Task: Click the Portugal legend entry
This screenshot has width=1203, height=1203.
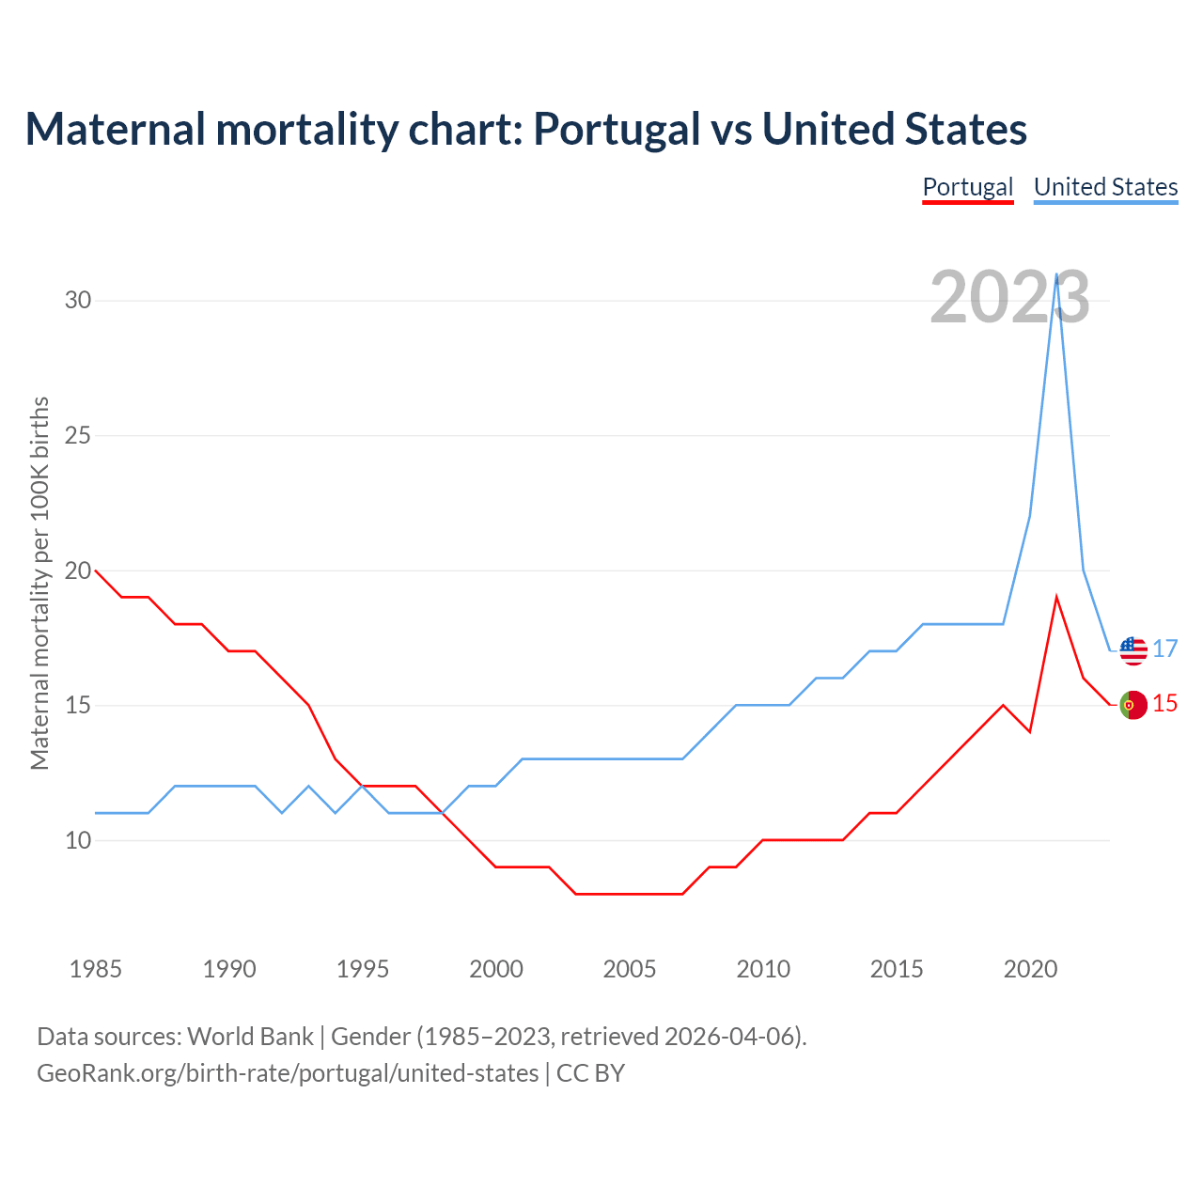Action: pyautogui.click(x=967, y=187)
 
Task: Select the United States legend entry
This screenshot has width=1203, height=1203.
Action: pyautogui.click(x=1105, y=187)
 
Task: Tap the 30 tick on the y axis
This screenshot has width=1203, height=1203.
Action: pyautogui.click(x=78, y=301)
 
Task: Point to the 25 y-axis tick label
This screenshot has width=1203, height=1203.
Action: pyautogui.click(x=78, y=436)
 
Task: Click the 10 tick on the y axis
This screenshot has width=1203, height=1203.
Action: pyautogui.click(x=78, y=840)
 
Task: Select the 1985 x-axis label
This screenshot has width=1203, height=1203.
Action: pyautogui.click(x=95, y=969)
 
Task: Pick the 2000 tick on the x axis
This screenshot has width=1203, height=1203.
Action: pyautogui.click(x=496, y=969)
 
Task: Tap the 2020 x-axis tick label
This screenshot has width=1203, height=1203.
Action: pyautogui.click(x=1030, y=969)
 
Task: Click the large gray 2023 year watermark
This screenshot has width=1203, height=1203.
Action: pyautogui.click(x=1009, y=297)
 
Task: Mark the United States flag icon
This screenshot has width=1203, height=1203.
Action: pyautogui.click(x=1133, y=649)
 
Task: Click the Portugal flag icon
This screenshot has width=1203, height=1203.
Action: pyautogui.click(x=1133, y=705)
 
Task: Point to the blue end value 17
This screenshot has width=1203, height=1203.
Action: pyautogui.click(x=1165, y=649)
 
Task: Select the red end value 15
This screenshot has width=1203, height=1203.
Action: pyautogui.click(x=1165, y=704)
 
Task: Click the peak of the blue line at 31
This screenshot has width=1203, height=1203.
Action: pyautogui.click(x=1057, y=274)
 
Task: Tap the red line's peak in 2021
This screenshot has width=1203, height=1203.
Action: pyautogui.click(x=1057, y=597)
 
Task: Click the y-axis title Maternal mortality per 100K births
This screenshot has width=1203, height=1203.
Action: pyautogui.click(x=39, y=583)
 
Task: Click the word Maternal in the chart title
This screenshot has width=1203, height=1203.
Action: pyautogui.click(x=115, y=130)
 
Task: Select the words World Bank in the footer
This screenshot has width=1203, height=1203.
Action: pyautogui.click(x=250, y=1037)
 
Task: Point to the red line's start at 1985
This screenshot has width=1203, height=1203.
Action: pyautogui.click(x=95, y=570)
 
